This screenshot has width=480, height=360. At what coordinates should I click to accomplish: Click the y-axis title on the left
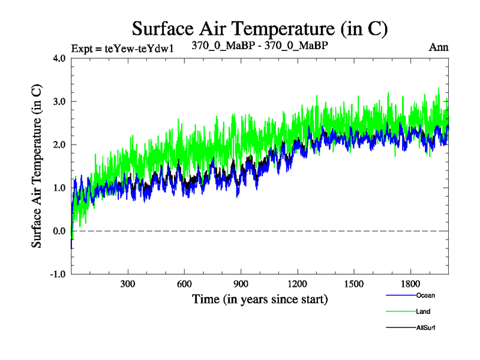point(37,166)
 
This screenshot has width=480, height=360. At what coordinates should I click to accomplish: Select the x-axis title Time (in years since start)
point(260,298)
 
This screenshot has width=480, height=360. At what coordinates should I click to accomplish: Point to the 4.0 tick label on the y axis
point(58,58)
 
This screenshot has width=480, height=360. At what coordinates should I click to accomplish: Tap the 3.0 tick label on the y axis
point(58,101)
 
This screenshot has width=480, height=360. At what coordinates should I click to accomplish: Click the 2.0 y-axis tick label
point(58,145)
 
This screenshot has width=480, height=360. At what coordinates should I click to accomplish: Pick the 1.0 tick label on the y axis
point(58,188)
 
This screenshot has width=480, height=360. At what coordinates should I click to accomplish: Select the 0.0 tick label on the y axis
point(58,231)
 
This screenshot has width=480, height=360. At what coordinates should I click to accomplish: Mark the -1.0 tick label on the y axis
point(57,274)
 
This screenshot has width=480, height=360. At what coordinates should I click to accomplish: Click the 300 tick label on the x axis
point(128,283)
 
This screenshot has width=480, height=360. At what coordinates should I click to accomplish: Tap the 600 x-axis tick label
point(184,283)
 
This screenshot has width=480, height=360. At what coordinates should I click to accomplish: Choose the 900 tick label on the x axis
point(241,283)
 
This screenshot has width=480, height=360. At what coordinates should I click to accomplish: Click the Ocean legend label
point(425,295)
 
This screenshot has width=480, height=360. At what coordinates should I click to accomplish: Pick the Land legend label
point(423,311)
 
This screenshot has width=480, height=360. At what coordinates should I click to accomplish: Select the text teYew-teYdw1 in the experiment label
point(139,49)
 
